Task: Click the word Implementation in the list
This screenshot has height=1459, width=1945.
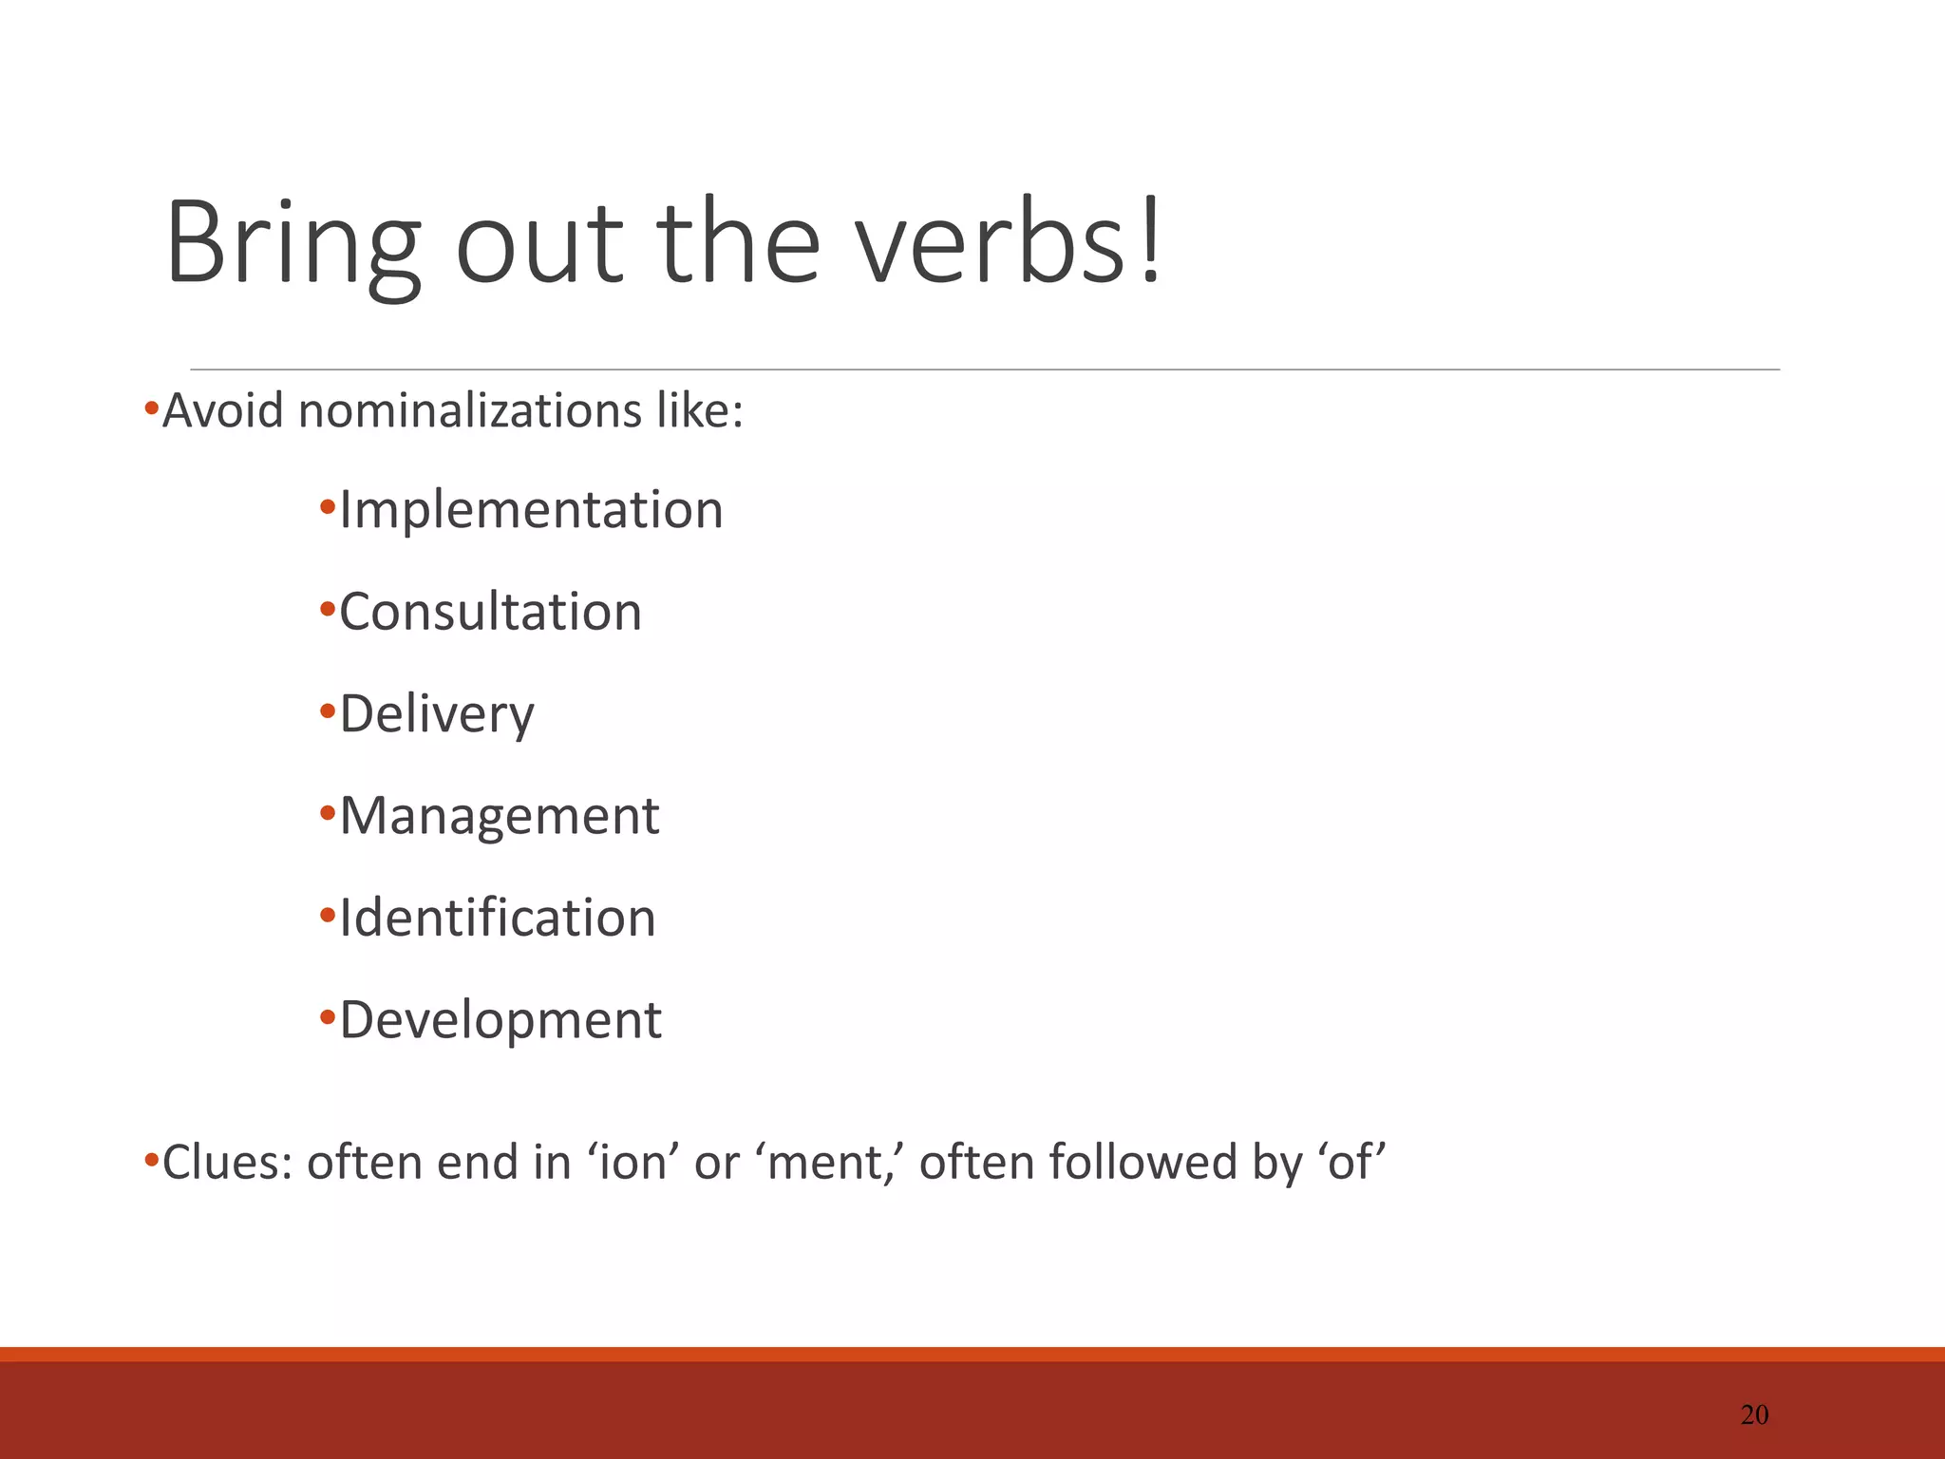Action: [x=531, y=510]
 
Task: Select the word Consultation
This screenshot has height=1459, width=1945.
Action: [x=490, y=612]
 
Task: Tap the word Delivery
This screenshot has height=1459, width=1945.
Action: [x=437, y=714]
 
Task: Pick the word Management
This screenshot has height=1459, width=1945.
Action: [x=500, y=816]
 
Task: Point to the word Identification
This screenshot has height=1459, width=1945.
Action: [x=498, y=919]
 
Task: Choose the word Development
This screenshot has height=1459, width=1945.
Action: [x=500, y=1020]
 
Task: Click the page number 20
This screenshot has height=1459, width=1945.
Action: [x=1754, y=1414]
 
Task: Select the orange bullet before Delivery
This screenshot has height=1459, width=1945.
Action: [x=328, y=711]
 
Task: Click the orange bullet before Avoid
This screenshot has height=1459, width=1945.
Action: [x=151, y=409]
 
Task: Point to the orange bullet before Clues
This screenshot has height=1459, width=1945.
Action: [x=151, y=1160]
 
